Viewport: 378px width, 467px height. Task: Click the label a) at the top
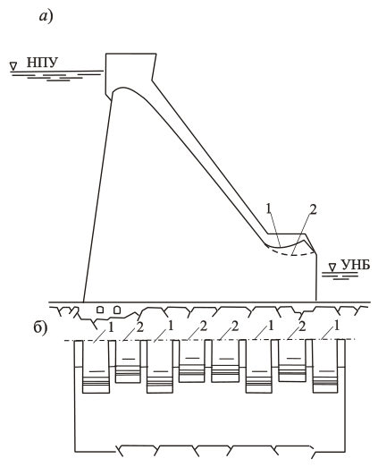[x=46, y=16]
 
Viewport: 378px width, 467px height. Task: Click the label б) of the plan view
[x=40, y=328]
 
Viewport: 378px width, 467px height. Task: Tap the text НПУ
[x=42, y=62]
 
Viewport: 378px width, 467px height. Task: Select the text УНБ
[x=355, y=265]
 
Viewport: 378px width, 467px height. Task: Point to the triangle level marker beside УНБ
[x=332, y=267]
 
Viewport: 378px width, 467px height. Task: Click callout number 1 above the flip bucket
[x=269, y=209]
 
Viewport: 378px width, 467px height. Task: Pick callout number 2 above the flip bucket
[x=313, y=210]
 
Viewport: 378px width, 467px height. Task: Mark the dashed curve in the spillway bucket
[x=290, y=254]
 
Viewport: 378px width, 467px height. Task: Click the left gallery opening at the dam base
[x=101, y=310]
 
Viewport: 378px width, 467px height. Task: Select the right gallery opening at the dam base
[x=117, y=310]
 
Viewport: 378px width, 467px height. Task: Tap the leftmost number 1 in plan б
[x=111, y=328]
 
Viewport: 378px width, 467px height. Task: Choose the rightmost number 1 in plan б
[x=337, y=327]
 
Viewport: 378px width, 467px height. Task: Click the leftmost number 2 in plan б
[x=140, y=327]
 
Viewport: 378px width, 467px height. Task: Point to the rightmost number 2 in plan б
[x=302, y=327]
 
